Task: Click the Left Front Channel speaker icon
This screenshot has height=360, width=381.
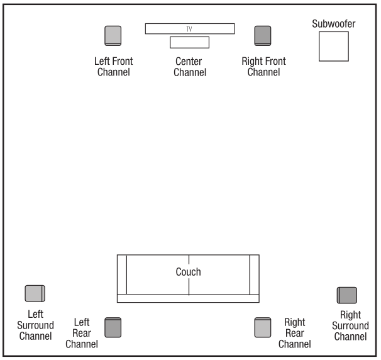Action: [113, 36]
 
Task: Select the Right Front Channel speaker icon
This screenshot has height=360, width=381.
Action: [263, 36]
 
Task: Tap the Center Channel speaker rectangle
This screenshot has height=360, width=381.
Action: [189, 42]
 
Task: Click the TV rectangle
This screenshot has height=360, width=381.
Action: [189, 29]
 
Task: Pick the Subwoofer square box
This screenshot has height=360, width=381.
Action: [333, 46]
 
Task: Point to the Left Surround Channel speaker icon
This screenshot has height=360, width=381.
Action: [35, 293]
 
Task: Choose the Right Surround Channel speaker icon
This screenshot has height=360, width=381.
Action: [346, 295]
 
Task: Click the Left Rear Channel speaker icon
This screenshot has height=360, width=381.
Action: [113, 327]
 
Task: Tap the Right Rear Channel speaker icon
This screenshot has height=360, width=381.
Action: [263, 327]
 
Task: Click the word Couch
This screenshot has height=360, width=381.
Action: [188, 272]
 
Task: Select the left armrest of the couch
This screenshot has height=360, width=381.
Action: [122, 274]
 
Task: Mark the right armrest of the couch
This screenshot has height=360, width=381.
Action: [255, 274]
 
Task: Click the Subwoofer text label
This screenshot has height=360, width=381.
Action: [334, 24]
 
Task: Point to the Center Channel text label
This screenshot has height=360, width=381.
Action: [190, 67]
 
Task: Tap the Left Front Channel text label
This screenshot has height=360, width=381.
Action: [113, 67]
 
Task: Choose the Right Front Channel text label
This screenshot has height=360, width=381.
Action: [263, 67]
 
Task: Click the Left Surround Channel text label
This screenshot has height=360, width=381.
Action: [35, 325]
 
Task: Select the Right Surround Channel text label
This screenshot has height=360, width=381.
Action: [350, 325]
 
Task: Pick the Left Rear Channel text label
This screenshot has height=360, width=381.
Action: [82, 333]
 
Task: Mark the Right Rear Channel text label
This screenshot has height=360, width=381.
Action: [294, 333]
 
